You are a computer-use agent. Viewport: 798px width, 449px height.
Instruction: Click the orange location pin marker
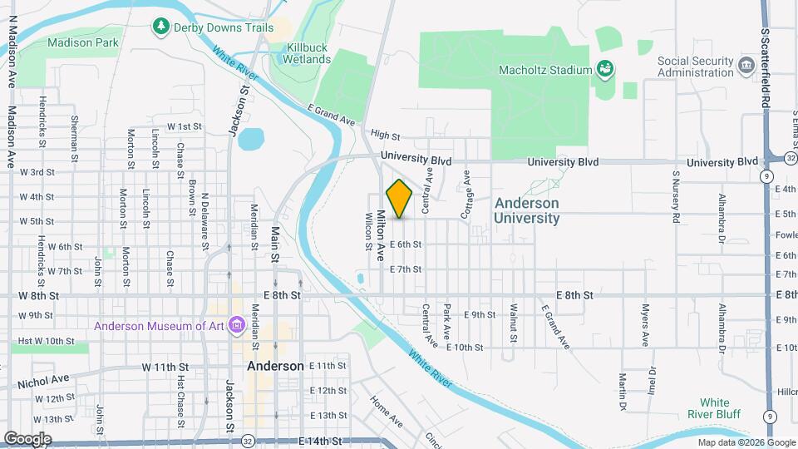point(399,199)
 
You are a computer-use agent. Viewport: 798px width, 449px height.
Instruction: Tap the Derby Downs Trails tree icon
point(160,27)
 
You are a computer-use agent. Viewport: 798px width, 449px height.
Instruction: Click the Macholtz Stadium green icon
point(604,69)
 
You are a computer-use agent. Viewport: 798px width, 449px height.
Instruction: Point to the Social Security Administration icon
point(746,65)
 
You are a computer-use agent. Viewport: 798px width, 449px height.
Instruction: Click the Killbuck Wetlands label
point(308,53)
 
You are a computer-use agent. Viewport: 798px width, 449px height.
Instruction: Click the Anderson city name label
point(275,366)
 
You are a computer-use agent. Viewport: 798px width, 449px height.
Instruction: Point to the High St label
point(386,135)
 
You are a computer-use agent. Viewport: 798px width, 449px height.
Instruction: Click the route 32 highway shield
point(249,438)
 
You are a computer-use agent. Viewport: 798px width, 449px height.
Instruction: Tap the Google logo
point(27,438)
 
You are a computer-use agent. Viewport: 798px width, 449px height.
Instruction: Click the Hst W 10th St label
point(47,341)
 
